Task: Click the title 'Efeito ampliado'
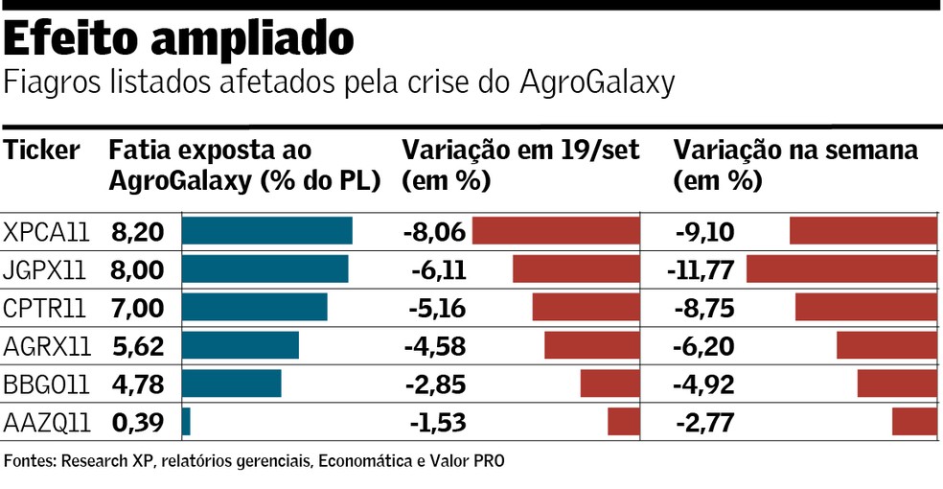pyautogui.click(x=180, y=38)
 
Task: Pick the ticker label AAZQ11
pyautogui.click(x=47, y=422)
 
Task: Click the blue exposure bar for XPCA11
pyautogui.click(x=266, y=231)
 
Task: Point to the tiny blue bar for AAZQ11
pyautogui.click(x=186, y=422)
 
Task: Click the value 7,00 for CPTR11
pyautogui.click(x=138, y=308)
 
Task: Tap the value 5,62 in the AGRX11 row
pyautogui.click(x=138, y=346)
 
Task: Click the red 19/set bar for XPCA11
pyautogui.click(x=556, y=231)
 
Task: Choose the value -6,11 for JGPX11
pyautogui.click(x=438, y=269)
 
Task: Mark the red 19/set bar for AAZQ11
pyautogui.click(x=623, y=422)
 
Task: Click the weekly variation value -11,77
pyautogui.click(x=701, y=269)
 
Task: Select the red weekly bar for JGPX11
pyautogui.click(x=841, y=269)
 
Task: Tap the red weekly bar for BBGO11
pyautogui.click(x=897, y=384)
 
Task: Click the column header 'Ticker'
pyautogui.click(x=42, y=151)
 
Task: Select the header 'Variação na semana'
pyautogui.click(x=795, y=151)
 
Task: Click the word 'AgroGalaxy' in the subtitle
pyautogui.click(x=598, y=82)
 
